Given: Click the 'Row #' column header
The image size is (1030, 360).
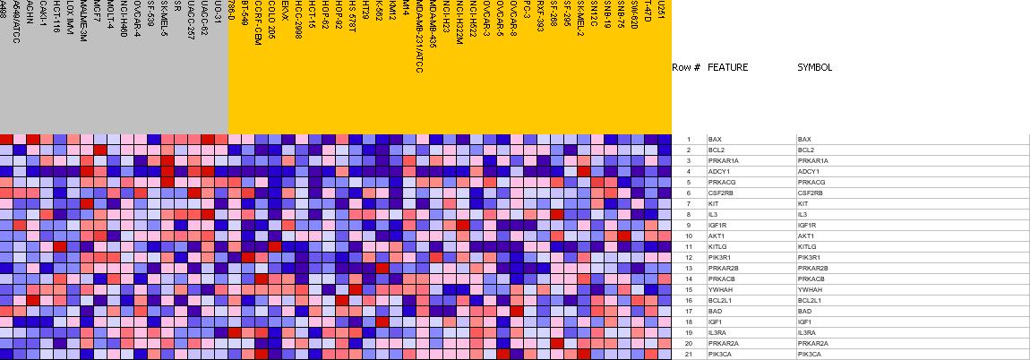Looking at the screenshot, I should coord(686,67).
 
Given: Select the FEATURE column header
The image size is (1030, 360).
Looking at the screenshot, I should coord(727,67).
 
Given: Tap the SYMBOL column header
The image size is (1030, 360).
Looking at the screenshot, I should coord(814,67).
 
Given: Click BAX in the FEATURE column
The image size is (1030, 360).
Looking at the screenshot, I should coord(715,140).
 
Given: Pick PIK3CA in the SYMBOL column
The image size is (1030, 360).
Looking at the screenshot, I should coord(810,354).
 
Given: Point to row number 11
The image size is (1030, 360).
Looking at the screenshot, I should coord(689,246).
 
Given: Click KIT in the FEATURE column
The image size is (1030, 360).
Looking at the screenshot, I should coord(713,203).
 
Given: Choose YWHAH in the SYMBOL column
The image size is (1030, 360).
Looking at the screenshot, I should coord(810,289).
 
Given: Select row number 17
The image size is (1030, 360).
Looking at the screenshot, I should coord(689,311).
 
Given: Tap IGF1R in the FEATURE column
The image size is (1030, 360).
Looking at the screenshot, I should coord(717,225).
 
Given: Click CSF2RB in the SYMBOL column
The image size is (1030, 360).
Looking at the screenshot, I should coord(811,193).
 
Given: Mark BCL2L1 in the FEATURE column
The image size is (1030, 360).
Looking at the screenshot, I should coord(719,300).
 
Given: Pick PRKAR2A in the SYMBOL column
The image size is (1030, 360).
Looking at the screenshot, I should coord(813,343).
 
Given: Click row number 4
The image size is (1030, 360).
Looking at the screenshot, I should coord(689,171).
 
